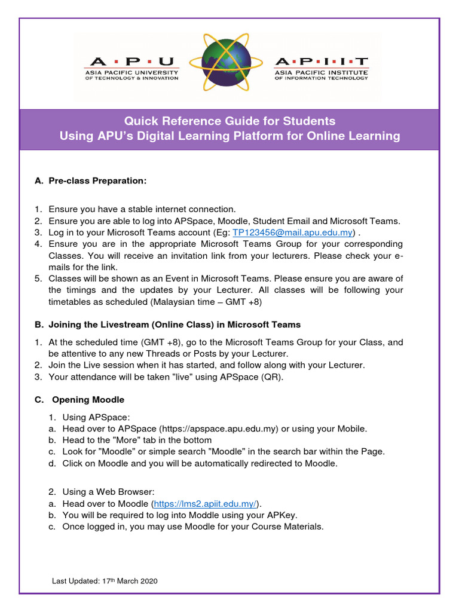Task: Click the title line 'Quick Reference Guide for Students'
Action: tap(229, 121)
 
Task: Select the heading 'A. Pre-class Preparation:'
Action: tap(90, 180)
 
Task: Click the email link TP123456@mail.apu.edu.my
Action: tap(292, 232)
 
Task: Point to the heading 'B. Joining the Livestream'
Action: tap(167, 325)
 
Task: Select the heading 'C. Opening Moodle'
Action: tap(79, 399)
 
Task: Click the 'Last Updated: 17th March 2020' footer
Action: tap(105, 581)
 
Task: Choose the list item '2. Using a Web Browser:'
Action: tap(101, 492)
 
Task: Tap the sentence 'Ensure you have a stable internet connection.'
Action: tap(142, 209)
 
